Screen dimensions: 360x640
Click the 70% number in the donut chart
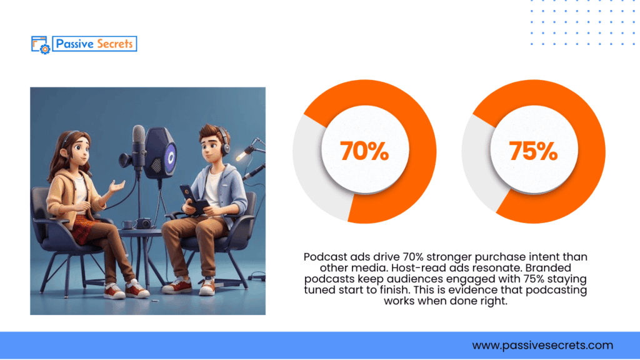click(364, 151)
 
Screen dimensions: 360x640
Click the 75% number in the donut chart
click(532, 151)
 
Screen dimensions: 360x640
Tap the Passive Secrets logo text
click(94, 44)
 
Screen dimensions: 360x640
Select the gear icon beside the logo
click(44, 48)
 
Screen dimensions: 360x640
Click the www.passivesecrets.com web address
click(542, 345)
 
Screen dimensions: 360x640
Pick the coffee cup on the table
click(127, 223)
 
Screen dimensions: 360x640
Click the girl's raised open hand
click(116, 186)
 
